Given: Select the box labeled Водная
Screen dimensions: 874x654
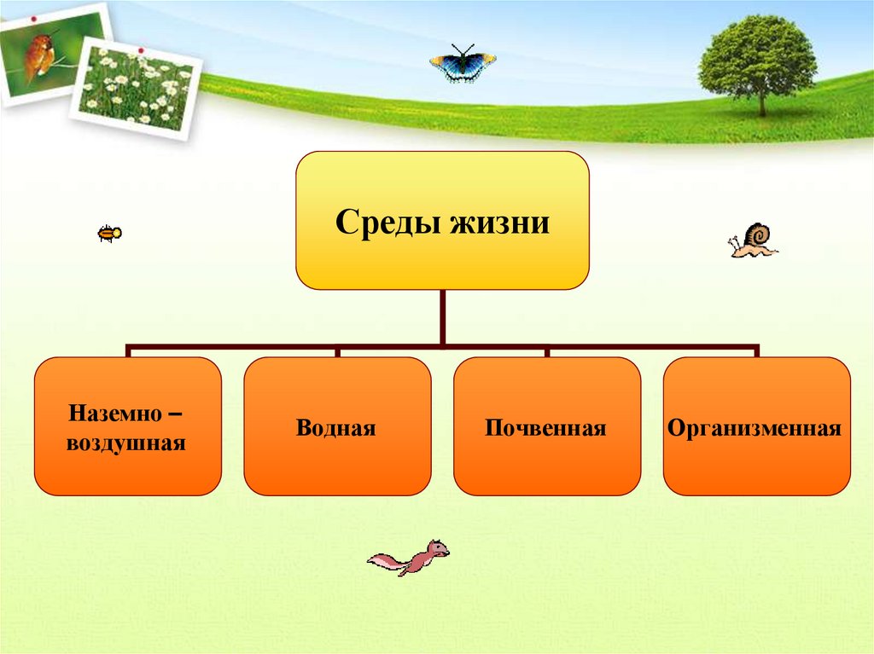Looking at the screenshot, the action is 336,426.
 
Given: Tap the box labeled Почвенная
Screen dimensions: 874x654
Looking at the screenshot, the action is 546,426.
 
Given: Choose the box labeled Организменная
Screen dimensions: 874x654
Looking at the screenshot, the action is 756,426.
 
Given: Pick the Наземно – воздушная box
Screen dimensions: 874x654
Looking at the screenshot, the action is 127,426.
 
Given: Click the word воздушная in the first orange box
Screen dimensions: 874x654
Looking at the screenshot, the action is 127,443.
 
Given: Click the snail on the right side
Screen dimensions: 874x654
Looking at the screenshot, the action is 753,240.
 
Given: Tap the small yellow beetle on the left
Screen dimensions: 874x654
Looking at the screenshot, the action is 109,233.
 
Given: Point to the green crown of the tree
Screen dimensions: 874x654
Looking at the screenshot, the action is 756,55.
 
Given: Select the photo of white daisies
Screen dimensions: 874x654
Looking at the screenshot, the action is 137,85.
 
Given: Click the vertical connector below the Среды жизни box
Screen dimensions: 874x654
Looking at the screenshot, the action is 442,317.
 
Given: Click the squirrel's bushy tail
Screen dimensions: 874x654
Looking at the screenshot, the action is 386,561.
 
